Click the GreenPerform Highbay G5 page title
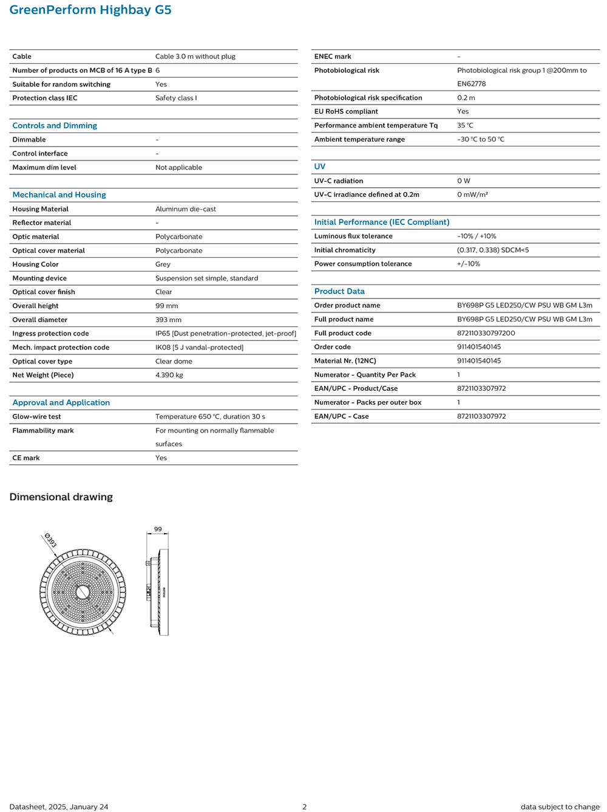click(x=90, y=10)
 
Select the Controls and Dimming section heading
click(x=55, y=126)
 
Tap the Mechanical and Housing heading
click(x=59, y=195)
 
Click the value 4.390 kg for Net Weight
click(x=169, y=375)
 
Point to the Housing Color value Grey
click(x=163, y=264)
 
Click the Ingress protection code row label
click(x=50, y=334)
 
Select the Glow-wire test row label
click(x=36, y=417)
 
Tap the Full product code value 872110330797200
click(x=486, y=333)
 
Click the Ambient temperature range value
click(x=480, y=139)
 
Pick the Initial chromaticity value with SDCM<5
click(x=492, y=250)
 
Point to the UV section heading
click(x=319, y=167)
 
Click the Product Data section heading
click(x=339, y=292)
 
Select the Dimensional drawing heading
click(x=61, y=497)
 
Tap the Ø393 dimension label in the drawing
click(x=50, y=540)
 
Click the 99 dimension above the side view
click(x=158, y=529)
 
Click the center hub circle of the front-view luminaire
click(x=83, y=592)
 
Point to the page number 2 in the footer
click(x=304, y=807)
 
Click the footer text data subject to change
click(x=560, y=807)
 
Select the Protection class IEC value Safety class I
click(x=176, y=98)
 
